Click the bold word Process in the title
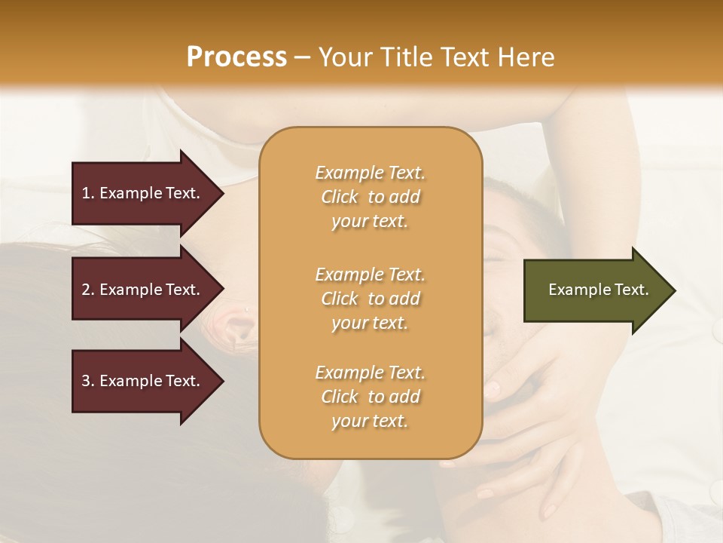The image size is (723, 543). coord(236,57)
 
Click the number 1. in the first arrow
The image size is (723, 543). coord(88,193)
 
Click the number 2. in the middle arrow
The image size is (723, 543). coord(88,290)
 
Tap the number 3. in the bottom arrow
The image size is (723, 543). coord(88,381)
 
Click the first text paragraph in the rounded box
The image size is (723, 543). coord(370,197)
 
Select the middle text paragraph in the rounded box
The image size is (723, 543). coord(370,299)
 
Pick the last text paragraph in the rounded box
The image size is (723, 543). coord(370,397)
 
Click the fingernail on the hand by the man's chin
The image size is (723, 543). coord(491,390)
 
